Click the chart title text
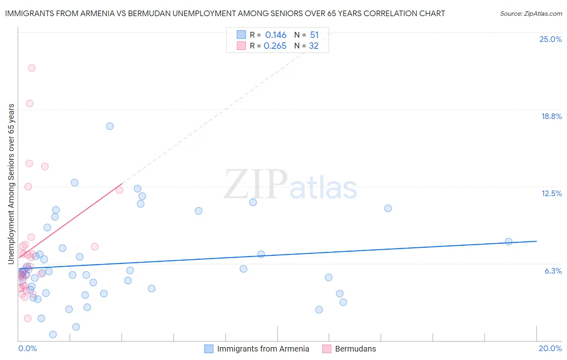click(x=225, y=13)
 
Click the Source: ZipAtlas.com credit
click(x=531, y=13)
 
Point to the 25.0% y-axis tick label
click(x=550, y=39)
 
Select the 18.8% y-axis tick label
click(x=551, y=116)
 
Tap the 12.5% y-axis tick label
click(x=551, y=193)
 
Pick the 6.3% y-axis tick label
click(x=553, y=271)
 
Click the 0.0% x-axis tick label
click(x=27, y=348)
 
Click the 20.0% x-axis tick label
click(x=550, y=348)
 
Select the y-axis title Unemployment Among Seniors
click(x=11, y=184)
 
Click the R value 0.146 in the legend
click(x=276, y=35)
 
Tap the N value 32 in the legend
click(x=314, y=46)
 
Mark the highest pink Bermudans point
click(x=31, y=68)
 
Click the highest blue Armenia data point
click(x=110, y=126)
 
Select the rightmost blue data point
click(x=509, y=241)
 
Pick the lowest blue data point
click(x=53, y=334)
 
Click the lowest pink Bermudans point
click(x=28, y=318)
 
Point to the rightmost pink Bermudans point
click(x=119, y=190)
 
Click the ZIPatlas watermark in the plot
click(x=290, y=184)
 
